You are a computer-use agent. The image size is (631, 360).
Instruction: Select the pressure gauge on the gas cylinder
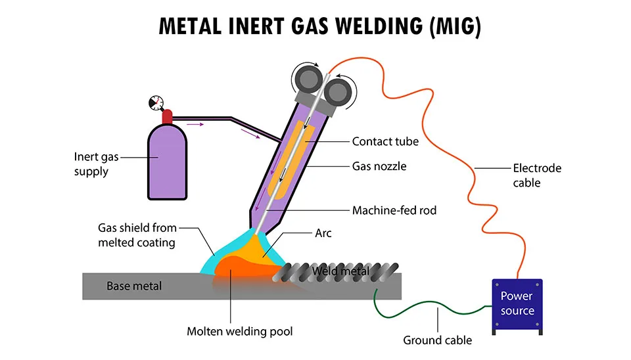[x=155, y=103]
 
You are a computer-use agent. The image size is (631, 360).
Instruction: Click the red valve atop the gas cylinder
[x=167, y=117]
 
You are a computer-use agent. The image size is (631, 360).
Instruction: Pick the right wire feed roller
[x=340, y=87]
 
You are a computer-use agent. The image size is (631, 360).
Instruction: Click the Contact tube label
[x=385, y=141]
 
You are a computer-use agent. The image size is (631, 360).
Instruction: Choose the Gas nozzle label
[x=379, y=166]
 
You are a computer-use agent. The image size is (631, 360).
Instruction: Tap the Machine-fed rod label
[x=394, y=211]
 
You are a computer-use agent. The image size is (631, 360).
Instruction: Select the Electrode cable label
[x=537, y=175]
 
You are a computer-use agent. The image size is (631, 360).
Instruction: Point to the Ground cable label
[x=437, y=340]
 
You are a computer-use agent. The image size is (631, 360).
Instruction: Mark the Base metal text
[x=134, y=286]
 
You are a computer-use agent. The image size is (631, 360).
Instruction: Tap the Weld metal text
[x=340, y=271]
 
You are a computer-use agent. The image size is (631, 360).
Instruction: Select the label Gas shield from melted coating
[x=137, y=235]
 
